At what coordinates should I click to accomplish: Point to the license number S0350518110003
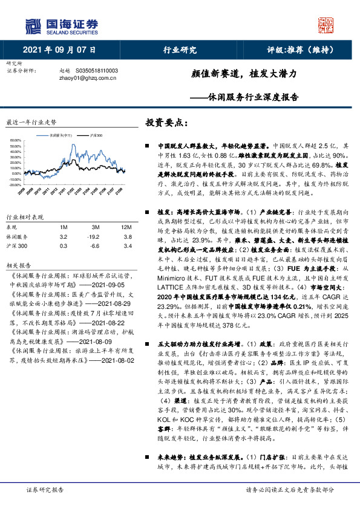click(94, 71)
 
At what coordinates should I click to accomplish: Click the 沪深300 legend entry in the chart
click(96, 135)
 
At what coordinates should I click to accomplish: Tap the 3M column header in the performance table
click(93, 227)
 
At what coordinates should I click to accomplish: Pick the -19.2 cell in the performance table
click(93, 237)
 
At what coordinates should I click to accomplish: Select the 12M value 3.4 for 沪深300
click(126, 247)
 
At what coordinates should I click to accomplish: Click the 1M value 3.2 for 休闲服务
click(64, 237)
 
